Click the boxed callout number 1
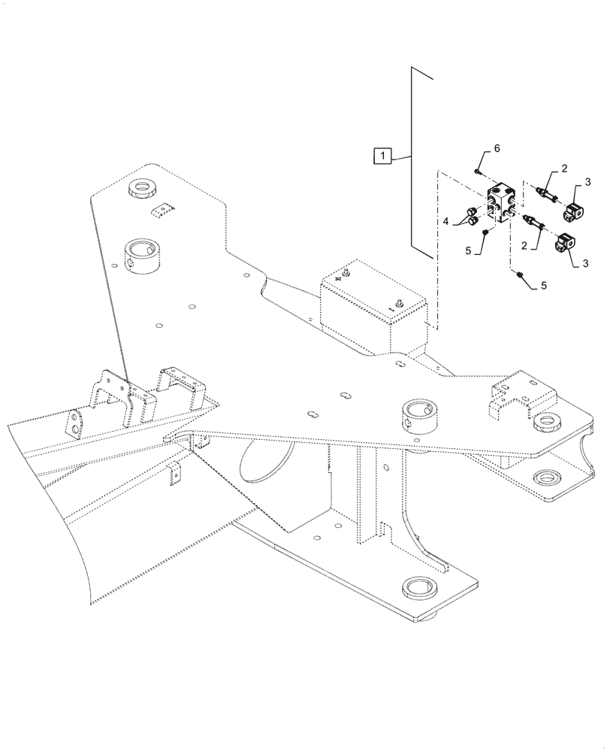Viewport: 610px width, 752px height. point(382,156)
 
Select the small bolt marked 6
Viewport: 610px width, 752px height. point(478,171)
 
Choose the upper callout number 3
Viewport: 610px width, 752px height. point(588,181)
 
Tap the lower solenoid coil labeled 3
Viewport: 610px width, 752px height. point(565,245)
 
